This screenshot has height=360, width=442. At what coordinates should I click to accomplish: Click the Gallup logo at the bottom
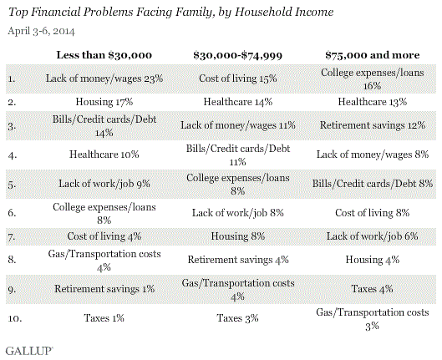coord(29,351)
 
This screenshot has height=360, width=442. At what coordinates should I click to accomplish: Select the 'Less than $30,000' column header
coord(104,55)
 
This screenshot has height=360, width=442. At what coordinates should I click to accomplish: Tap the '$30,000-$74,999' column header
coord(237,55)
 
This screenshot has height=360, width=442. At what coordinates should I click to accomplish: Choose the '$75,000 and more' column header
coord(372,55)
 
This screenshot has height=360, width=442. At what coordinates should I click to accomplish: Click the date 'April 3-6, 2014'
coord(41,31)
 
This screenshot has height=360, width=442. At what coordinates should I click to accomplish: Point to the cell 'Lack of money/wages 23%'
coord(104,79)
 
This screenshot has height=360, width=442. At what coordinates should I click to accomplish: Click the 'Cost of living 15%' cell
coord(237,79)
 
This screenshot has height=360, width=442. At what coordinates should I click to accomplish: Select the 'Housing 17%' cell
coord(104,102)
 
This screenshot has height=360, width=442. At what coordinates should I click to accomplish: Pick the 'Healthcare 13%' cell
coord(372,102)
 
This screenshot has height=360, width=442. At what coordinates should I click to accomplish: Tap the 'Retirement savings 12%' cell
coord(372,125)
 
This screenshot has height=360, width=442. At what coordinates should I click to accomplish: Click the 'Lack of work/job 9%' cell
coord(104,184)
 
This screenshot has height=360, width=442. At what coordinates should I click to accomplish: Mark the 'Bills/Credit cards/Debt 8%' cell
coord(372,184)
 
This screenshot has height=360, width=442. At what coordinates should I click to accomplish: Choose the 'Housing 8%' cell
coord(237,236)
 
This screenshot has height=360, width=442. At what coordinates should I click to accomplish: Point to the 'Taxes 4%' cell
coord(372,289)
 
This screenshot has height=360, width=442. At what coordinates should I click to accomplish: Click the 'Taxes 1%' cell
coord(104,318)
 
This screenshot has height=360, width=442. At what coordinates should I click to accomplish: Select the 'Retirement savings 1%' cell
coord(104,289)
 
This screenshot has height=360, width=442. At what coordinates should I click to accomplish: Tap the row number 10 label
coord(15,318)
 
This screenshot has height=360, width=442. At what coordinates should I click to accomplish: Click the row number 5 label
coord(13,185)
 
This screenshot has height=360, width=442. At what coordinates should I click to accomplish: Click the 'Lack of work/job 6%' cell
coord(372,236)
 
